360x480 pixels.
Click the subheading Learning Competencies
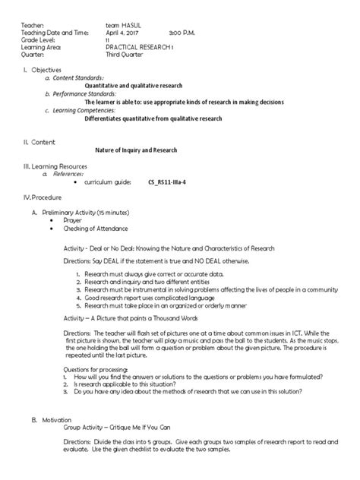pyautogui.click(x=87, y=108)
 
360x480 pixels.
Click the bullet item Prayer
pyautogui.click(x=72, y=219)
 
